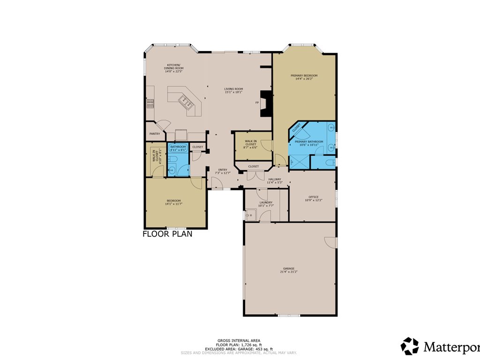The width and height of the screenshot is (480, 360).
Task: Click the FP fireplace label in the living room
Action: pos(256,102)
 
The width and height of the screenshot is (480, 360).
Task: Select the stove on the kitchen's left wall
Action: pos(150,103)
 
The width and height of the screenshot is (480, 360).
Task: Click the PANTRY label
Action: pos(155,134)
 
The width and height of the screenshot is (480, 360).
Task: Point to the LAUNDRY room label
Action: pos(266,202)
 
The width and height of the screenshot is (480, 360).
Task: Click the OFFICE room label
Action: pos(313,197)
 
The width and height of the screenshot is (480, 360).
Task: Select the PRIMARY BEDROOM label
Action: pos(304,75)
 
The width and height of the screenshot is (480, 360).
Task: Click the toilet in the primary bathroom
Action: pos(330,162)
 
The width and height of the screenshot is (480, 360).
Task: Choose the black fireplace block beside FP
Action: pos(266,103)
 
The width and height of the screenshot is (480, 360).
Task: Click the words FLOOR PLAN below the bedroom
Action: pos(167,234)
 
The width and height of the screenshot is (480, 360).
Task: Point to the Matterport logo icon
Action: pos(410,346)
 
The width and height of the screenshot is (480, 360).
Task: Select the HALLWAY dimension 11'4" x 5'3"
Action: pos(275,182)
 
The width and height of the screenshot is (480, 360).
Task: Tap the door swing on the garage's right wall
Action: pos(331,242)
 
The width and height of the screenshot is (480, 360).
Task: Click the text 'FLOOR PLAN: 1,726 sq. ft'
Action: pos(239,345)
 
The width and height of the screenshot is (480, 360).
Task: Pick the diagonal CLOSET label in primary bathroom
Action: pos(296,127)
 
